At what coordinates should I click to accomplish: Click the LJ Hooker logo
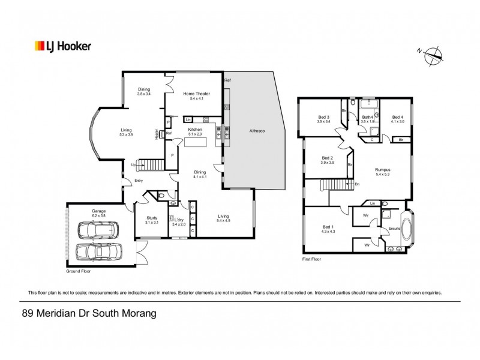(62, 46)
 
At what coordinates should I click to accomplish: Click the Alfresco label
(257, 130)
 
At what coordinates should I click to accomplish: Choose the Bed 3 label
(323, 117)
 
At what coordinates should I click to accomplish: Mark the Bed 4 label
(398, 117)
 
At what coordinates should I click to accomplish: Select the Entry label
(139, 180)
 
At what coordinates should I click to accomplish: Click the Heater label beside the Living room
(156, 134)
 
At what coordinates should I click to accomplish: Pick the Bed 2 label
(326, 158)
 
